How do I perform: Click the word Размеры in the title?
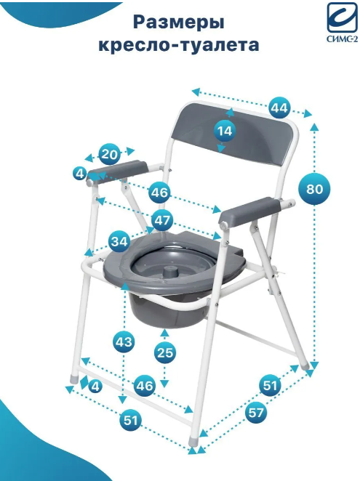pos(179,23)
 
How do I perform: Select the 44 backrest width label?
pos(279,108)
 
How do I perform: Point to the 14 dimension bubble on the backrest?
pos(225,131)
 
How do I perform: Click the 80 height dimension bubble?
pos(314,189)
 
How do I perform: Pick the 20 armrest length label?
pos(109,154)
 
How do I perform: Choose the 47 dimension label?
pos(162,220)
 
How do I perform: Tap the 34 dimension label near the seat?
pos(119,242)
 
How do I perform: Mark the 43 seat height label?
pos(124,341)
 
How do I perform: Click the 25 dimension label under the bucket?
pos(165,352)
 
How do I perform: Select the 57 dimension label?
pos(256,413)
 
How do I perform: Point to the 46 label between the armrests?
pos(160,193)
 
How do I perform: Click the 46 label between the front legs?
pos(145,386)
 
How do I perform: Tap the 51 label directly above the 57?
pos(270,385)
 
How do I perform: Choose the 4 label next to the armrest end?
pos(79,174)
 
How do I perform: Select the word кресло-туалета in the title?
pos(179,45)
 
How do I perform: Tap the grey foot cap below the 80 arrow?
pos(305,365)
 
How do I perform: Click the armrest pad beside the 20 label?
pos(119,170)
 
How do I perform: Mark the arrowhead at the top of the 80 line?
pos(314,126)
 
